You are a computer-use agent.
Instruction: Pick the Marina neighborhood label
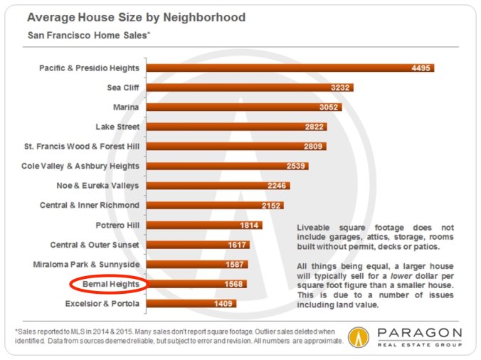pos(125,107)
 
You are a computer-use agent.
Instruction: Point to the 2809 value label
pos(313,147)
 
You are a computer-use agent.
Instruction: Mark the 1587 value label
pos(234,265)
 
